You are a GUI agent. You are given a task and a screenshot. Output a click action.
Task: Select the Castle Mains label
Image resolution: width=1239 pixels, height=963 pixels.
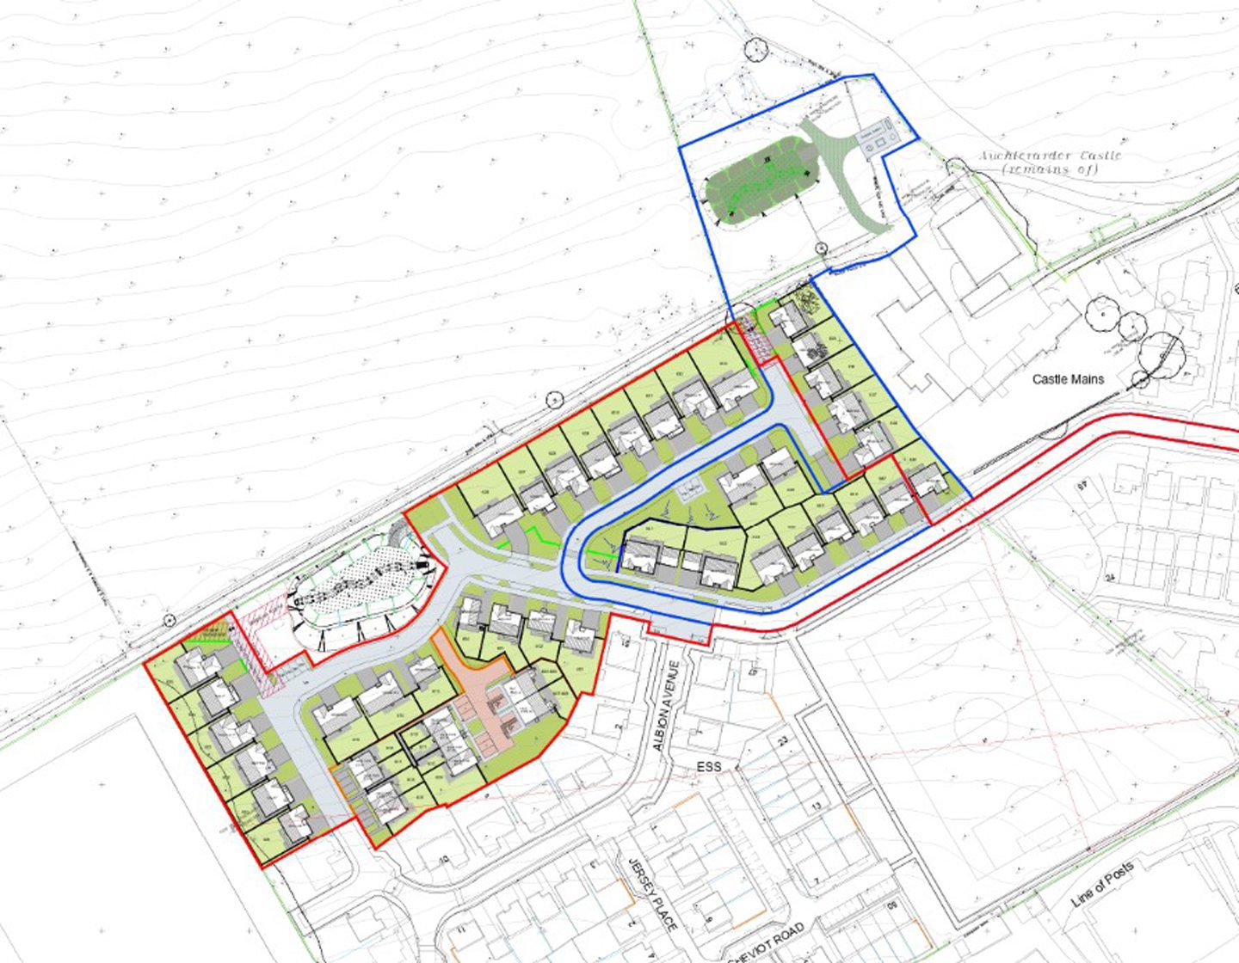pyautogui.click(x=1068, y=379)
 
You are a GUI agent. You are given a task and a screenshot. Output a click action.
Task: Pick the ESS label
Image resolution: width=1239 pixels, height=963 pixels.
pyautogui.click(x=708, y=767)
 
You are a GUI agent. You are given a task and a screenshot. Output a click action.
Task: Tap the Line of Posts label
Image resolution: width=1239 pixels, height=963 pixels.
pyautogui.click(x=1104, y=886)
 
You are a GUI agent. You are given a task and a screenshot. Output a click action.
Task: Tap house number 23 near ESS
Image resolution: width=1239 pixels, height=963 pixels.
pyautogui.click(x=782, y=741)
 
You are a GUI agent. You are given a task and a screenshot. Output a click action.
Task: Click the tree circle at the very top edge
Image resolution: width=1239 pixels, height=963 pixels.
pyautogui.click(x=755, y=49)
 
